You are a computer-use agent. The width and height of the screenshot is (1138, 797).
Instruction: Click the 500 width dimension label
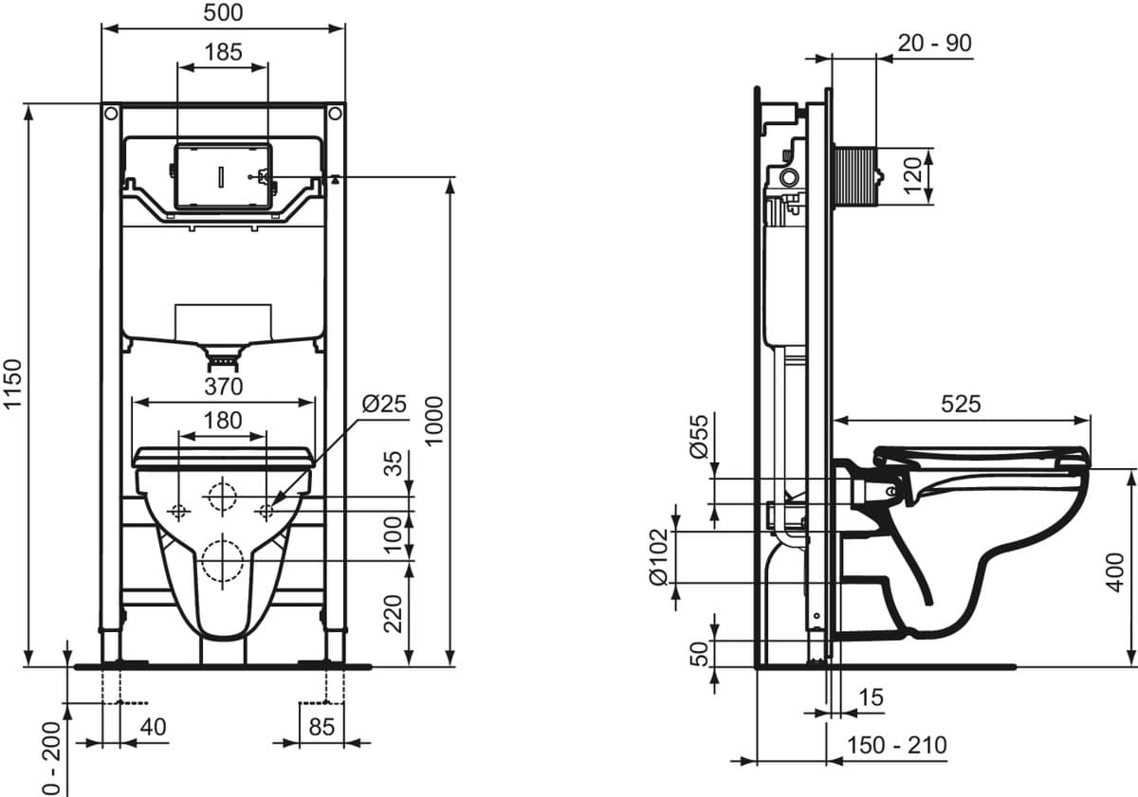pos(223,12)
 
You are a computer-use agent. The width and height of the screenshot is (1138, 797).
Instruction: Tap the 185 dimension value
pos(223,52)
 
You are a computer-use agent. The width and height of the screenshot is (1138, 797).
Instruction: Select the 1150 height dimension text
pos(12,383)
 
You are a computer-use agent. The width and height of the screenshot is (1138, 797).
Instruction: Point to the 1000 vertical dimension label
pos(434,422)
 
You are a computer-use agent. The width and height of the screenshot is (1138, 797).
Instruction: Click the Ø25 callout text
pos(385,404)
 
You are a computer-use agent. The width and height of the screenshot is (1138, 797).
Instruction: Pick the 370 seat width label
pos(224,387)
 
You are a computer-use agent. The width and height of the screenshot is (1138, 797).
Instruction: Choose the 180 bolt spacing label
pos(223,421)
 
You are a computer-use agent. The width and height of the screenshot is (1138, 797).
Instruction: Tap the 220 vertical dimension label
pos(393,614)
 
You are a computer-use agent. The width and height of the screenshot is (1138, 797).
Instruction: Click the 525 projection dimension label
pos(961,404)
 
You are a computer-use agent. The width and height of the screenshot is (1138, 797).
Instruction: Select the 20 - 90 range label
pos(935,44)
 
